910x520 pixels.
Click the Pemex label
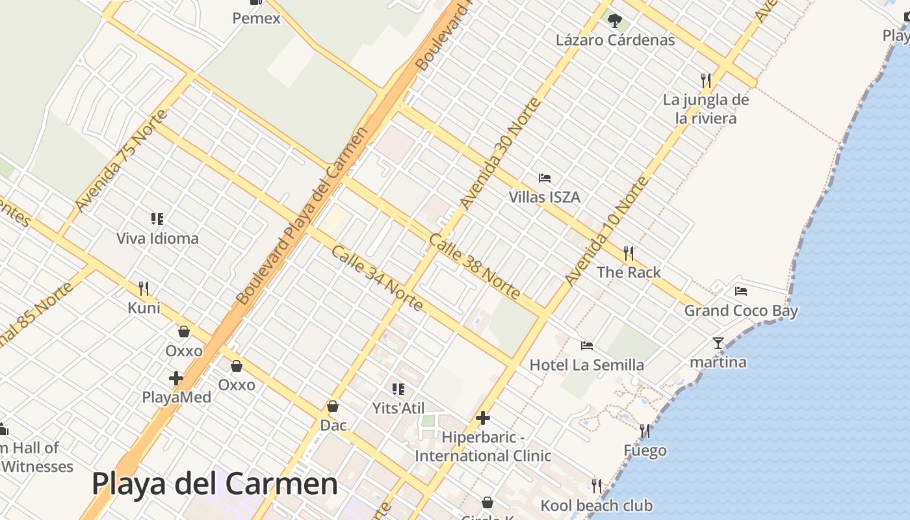[x=257, y=18]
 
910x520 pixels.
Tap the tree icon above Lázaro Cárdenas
[x=615, y=21]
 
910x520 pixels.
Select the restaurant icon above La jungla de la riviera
[x=706, y=81]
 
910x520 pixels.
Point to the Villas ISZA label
[x=544, y=197]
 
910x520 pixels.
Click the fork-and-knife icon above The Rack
[x=629, y=253]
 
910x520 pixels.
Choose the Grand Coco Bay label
[x=741, y=311]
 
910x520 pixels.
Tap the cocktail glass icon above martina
[x=718, y=343]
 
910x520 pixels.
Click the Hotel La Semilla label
[x=587, y=365]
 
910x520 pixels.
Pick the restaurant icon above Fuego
[x=645, y=430]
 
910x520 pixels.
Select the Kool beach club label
[x=597, y=506]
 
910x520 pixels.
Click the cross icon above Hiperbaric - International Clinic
[x=483, y=418]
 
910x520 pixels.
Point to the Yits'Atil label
[x=398, y=408]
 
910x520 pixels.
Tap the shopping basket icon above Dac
[x=333, y=407]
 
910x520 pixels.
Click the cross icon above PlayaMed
[x=176, y=378]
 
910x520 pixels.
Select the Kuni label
[x=144, y=307]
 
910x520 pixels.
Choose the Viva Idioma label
[x=157, y=239]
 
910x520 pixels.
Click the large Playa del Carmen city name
[x=214, y=484]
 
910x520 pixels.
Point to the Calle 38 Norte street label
[x=474, y=267]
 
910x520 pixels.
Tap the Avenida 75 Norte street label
[x=121, y=161]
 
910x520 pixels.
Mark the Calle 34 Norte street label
[x=378, y=278]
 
